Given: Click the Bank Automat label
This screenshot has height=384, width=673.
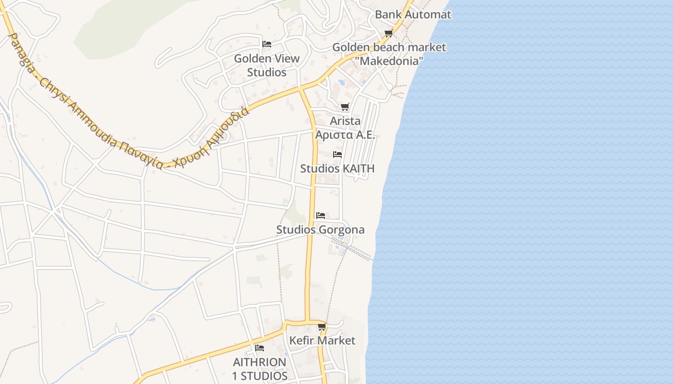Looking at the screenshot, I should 413,14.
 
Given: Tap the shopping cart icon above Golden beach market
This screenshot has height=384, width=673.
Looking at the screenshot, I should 388,33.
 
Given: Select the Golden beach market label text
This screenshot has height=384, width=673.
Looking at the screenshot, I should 389,48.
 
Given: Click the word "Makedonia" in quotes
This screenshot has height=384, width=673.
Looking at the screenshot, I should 391,61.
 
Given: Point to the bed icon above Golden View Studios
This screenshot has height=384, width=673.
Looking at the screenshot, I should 267,44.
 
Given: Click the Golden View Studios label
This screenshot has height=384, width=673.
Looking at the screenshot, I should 267,65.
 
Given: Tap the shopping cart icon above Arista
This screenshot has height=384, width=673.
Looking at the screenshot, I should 345,107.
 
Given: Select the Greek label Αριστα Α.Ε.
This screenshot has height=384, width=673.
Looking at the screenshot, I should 345,135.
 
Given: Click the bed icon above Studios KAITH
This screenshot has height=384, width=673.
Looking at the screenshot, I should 337,155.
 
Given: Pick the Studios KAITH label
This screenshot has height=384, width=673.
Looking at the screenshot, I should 337,168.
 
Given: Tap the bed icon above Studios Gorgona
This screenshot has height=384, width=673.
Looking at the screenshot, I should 321,215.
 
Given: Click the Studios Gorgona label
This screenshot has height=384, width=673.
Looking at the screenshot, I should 320,230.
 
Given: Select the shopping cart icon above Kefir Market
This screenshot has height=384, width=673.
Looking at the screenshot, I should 322,327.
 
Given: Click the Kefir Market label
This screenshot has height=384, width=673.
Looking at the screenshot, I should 322,341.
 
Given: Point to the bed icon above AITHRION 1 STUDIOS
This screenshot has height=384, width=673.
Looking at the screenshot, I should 260,348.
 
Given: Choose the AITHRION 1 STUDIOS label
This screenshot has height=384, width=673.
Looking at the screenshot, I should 260,369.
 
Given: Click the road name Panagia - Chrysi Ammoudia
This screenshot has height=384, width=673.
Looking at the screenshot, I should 62,91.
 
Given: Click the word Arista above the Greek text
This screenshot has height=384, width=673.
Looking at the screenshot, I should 345,121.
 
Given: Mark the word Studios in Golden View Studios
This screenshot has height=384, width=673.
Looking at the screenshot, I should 267,72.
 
